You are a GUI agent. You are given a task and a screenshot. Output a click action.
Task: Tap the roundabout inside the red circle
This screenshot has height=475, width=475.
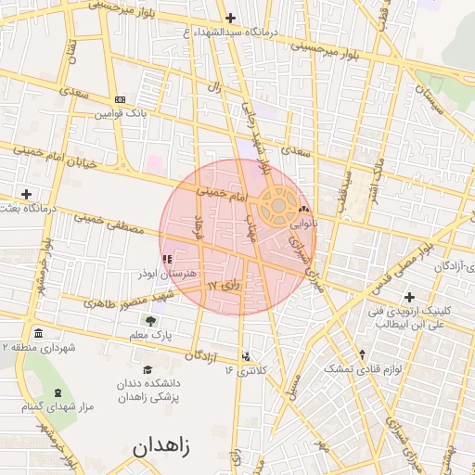(x=277, y=207)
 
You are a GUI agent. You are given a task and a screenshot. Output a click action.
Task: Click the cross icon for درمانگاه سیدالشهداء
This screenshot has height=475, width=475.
(x=230, y=18)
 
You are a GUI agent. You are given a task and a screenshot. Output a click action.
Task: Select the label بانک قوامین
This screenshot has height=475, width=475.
(x=120, y=115)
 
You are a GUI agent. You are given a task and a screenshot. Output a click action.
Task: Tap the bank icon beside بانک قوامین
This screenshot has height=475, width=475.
(x=120, y=99)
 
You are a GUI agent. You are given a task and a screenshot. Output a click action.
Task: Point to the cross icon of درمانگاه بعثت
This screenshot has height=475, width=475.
(x=26, y=194)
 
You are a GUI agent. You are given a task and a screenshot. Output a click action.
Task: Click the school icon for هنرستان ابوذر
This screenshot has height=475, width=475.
(x=167, y=260)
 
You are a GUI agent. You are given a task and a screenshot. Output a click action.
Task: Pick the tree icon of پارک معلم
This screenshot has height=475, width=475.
(x=151, y=320)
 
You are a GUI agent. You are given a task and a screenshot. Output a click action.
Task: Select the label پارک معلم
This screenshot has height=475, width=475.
(x=151, y=334)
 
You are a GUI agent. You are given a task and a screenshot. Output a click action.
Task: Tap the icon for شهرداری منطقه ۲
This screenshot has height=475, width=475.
(x=37, y=333)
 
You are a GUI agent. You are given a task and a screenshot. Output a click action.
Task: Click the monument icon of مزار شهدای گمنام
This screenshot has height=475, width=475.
(x=58, y=393)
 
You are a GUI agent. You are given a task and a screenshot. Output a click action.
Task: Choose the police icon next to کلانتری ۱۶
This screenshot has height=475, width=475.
(x=245, y=355)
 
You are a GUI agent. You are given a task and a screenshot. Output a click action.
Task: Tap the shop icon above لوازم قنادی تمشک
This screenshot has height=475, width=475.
(x=362, y=354)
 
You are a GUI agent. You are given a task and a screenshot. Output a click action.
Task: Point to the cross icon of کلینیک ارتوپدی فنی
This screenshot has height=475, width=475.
(x=409, y=296)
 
